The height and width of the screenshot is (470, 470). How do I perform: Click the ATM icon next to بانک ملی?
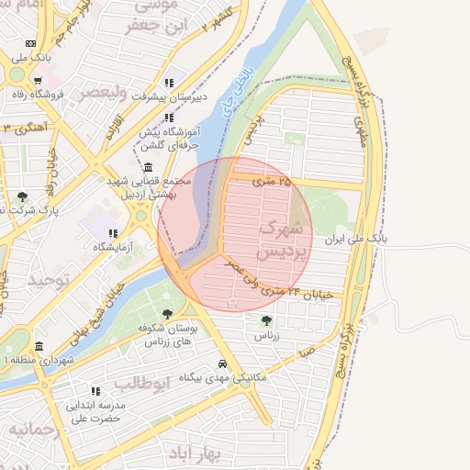pyautogui.click(x=31, y=43)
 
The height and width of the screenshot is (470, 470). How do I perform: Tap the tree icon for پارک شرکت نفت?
pyautogui.click(x=22, y=196)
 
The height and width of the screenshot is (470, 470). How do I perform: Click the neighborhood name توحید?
pyautogui.click(x=49, y=281)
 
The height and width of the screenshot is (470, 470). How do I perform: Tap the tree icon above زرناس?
pyautogui.click(x=266, y=320)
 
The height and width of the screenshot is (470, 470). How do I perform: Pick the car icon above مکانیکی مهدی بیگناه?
pyautogui.click(x=210, y=363)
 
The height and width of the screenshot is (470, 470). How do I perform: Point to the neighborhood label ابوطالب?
pyautogui.click(x=141, y=383)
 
